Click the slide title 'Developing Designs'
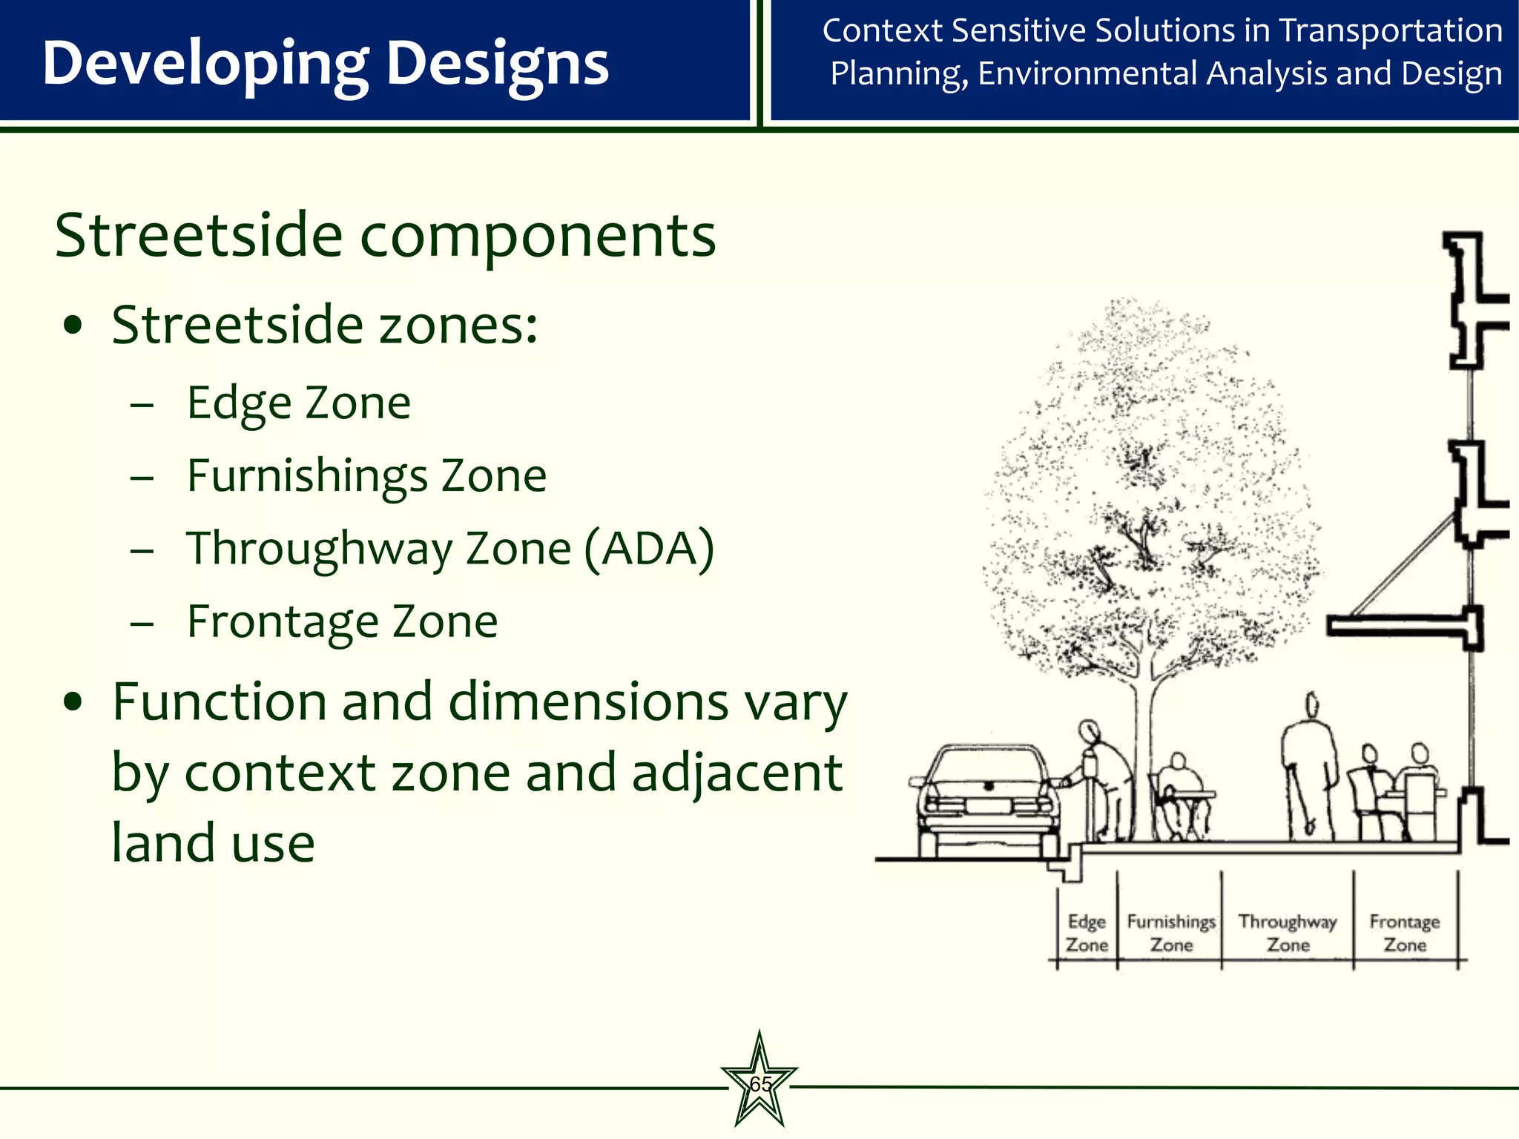tap(325, 64)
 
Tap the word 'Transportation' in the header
tap(1391, 31)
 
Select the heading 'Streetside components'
tap(385, 236)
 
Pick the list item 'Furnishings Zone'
tap(366, 475)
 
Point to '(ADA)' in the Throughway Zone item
tap(649, 549)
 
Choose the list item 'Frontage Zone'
tap(342, 621)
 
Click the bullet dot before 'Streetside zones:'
tap(73, 326)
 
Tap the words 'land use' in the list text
tap(213, 843)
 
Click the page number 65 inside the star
tap(759, 1084)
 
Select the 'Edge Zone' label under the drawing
tap(1087, 933)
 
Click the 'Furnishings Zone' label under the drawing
tap(1171, 933)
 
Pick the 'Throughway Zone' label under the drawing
tap(1288, 933)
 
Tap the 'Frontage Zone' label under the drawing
tap(1405, 933)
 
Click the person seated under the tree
tap(1179, 793)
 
